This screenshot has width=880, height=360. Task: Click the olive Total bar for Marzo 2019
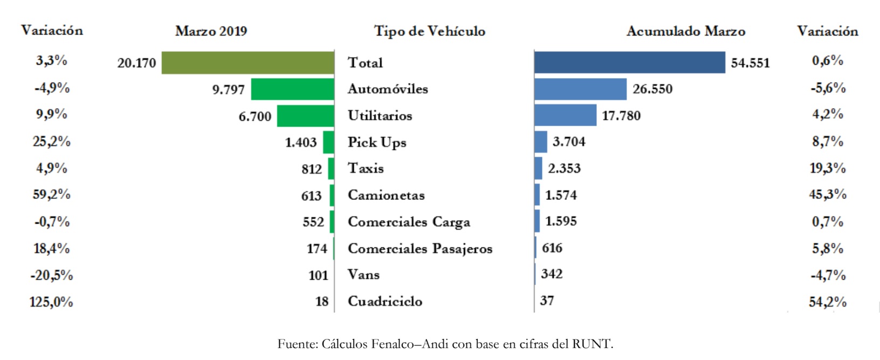(248, 63)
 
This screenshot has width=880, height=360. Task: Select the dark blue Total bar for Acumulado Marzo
(630, 63)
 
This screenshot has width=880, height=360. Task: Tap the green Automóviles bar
(293, 89)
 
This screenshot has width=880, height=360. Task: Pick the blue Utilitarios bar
(565, 115)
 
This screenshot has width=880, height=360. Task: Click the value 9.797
(228, 89)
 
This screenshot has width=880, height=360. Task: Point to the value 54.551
(750, 63)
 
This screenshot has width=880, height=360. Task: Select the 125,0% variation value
(51, 302)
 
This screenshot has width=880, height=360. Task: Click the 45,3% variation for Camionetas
(828, 195)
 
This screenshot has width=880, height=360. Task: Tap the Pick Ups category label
(377, 142)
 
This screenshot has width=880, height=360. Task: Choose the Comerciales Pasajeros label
(420, 248)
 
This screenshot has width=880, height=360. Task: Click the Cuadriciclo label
(385, 301)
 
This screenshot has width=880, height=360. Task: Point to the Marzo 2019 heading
(211, 31)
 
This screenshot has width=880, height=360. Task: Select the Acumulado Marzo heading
(686, 31)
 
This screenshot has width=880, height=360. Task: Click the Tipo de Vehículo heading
(430, 31)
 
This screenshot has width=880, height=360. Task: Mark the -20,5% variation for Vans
(51, 275)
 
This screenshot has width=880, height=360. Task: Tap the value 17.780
(621, 116)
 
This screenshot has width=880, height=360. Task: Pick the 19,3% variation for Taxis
(828, 168)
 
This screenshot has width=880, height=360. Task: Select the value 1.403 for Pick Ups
(300, 142)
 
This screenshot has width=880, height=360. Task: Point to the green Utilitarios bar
(306, 116)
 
